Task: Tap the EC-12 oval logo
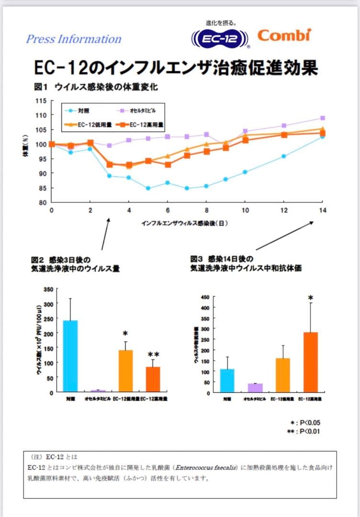(221, 39)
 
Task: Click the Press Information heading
(74, 39)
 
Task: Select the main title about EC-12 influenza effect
(176, 67)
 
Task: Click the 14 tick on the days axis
(322, 211)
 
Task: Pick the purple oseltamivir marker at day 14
(323, 118)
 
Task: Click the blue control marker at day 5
(148, 188)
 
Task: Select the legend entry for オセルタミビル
(138, 111)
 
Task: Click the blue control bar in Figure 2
(70, 356)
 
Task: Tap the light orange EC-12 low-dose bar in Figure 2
(125, 371)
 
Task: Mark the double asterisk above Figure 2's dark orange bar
(154, 355)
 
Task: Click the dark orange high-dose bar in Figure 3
(310, 362)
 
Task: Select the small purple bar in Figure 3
(255, 388)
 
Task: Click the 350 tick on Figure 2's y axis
(48, 289)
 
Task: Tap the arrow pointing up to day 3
(105, 234)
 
